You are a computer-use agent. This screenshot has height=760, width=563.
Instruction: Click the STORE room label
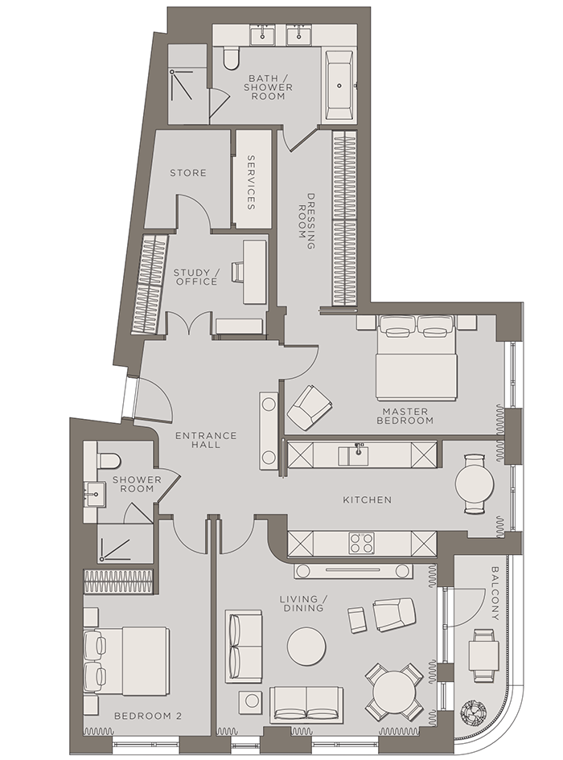(x=187, y=173)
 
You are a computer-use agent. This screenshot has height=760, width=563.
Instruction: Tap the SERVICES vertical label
(x=251, y=183)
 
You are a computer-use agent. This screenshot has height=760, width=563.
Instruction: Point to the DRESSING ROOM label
(x=306, y=221)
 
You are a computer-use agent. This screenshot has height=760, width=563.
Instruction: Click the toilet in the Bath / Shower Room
(x=231, y=57)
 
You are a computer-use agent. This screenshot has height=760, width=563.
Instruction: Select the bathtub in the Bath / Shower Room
(x=339, y=85)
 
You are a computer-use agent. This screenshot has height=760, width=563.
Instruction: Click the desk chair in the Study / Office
(x=237, y=272)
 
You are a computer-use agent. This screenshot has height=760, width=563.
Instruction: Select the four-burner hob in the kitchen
(x=362, y=544)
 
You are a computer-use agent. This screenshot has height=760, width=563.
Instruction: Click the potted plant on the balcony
(x=473, y=713)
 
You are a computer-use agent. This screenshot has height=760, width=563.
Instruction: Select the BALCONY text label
(x=495, y=594)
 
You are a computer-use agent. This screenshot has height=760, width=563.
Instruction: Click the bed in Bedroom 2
(x=126, y=661)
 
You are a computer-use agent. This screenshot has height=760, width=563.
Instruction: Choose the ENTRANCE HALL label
(x=206, y=440)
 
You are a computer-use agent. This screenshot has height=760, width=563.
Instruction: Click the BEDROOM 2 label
(x=148, y=716)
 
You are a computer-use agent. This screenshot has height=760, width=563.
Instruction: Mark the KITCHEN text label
(x=367, y=499)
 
